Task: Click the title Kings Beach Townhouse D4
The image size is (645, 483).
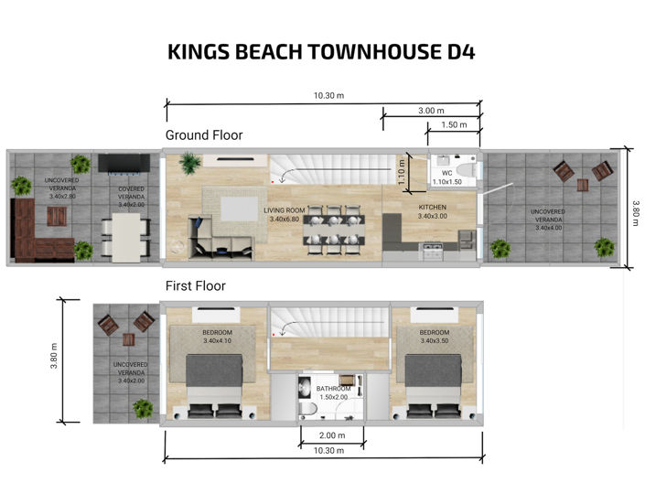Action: click(321, 52)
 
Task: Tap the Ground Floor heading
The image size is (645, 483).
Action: click(203, 135)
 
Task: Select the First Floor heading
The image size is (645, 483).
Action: click(195, 286)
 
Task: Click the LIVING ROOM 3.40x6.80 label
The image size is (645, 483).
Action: click(286, 216)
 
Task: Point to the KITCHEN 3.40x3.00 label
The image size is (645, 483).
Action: click(432, 213)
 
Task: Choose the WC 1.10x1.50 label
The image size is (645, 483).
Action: click(446, 177)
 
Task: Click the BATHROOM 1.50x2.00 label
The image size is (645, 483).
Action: click(333, 393)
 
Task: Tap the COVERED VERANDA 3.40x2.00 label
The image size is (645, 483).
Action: click(132, 198)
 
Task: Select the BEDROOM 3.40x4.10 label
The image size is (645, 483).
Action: click(218, 337)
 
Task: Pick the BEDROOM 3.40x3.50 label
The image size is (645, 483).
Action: click(434, 337)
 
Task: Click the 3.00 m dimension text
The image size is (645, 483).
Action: click(432, 111)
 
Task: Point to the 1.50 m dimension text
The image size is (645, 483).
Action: click(454, 125)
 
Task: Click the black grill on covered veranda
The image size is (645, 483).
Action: click(121, 163)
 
